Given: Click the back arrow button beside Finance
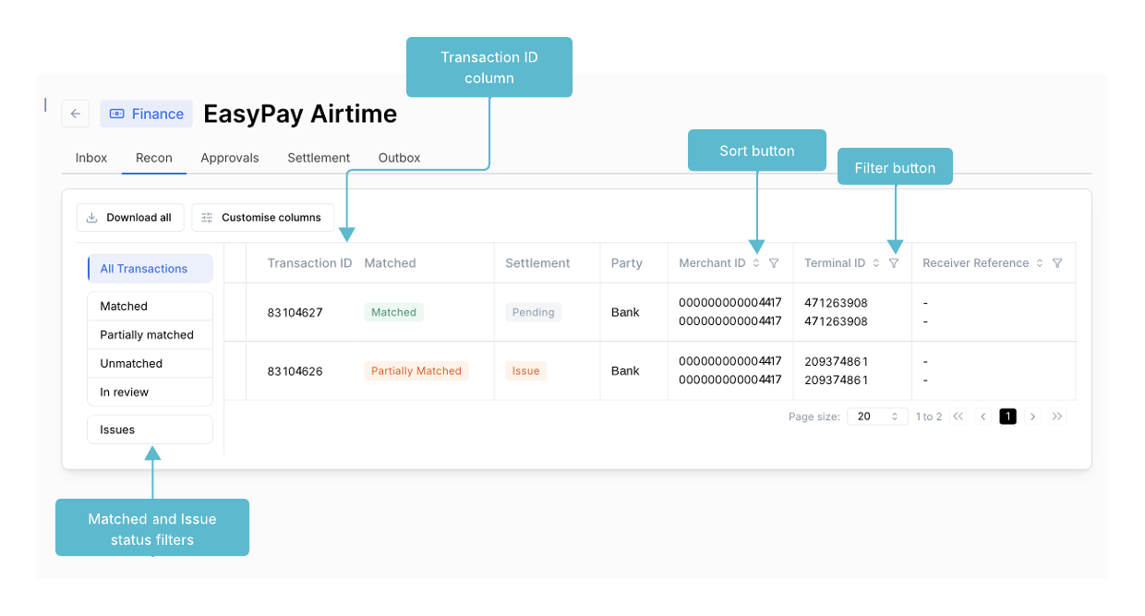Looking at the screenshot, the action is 75,114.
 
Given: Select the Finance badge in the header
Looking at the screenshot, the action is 146,114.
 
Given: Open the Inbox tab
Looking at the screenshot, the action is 91,158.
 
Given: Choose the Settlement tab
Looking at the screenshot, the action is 319,158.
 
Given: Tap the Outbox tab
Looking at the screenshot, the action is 399,158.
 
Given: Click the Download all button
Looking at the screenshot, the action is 130,217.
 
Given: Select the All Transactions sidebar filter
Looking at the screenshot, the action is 151,269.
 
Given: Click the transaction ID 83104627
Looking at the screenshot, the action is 295,312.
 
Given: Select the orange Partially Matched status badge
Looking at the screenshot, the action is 416,370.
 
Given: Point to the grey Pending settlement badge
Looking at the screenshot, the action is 533,312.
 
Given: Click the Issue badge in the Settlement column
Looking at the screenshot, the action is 525,370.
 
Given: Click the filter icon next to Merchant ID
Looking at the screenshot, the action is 774,263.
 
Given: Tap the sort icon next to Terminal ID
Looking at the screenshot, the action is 876,263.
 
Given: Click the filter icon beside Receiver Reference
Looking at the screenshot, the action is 1057,263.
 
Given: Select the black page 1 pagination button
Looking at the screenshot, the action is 1007,417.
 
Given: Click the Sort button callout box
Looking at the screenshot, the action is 756,151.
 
